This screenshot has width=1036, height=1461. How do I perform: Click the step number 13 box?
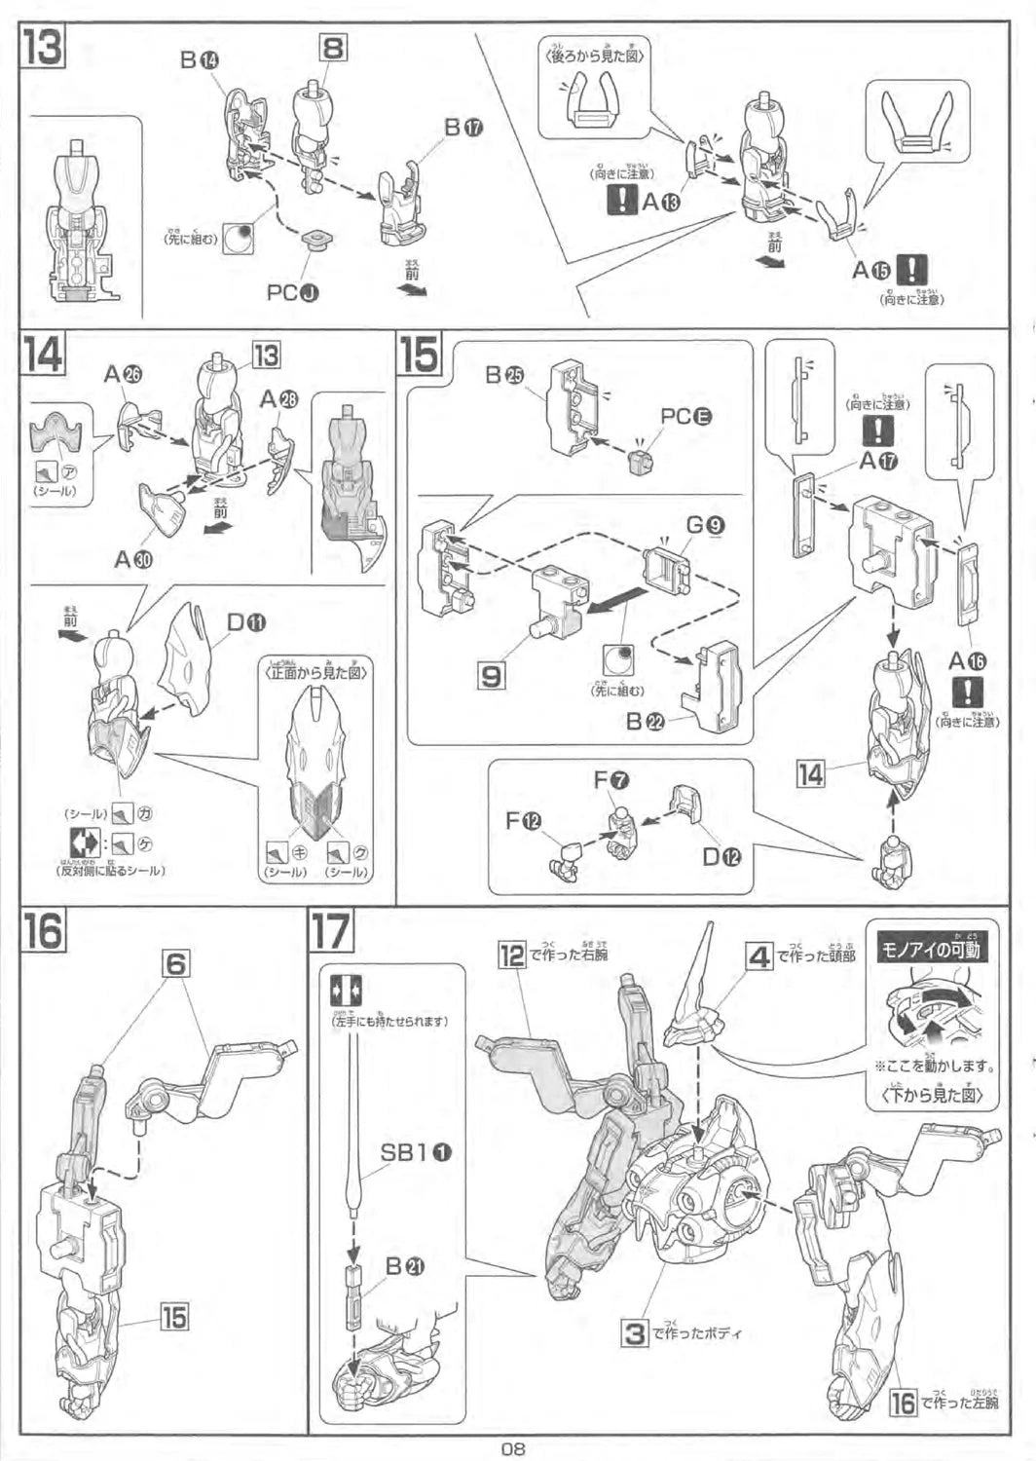pos(44,46)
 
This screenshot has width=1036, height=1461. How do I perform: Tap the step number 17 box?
pos(331,931)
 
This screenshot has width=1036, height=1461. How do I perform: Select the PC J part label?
pos(293,291)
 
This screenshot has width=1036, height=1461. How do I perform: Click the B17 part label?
pos(463,128)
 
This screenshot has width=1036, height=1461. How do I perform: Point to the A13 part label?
pos(660,202)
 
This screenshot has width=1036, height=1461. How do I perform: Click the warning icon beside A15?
pos(911,270)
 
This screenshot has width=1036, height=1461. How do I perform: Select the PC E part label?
pos(685,416)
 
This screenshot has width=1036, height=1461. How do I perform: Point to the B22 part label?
pos(647,722)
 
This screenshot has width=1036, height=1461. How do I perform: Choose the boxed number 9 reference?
pos(492,675)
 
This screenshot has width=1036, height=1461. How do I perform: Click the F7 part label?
pos(611,779)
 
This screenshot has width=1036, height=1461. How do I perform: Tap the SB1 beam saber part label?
pos(415,1152)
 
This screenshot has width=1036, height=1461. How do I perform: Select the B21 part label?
pos(405,1265)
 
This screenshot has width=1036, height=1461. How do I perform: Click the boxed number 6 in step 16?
pos(175,964)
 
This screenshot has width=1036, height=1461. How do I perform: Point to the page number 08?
pos(513,1447)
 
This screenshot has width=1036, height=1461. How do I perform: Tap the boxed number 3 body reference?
pos(635,1332)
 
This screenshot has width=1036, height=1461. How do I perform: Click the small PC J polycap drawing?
pos(315,240)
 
